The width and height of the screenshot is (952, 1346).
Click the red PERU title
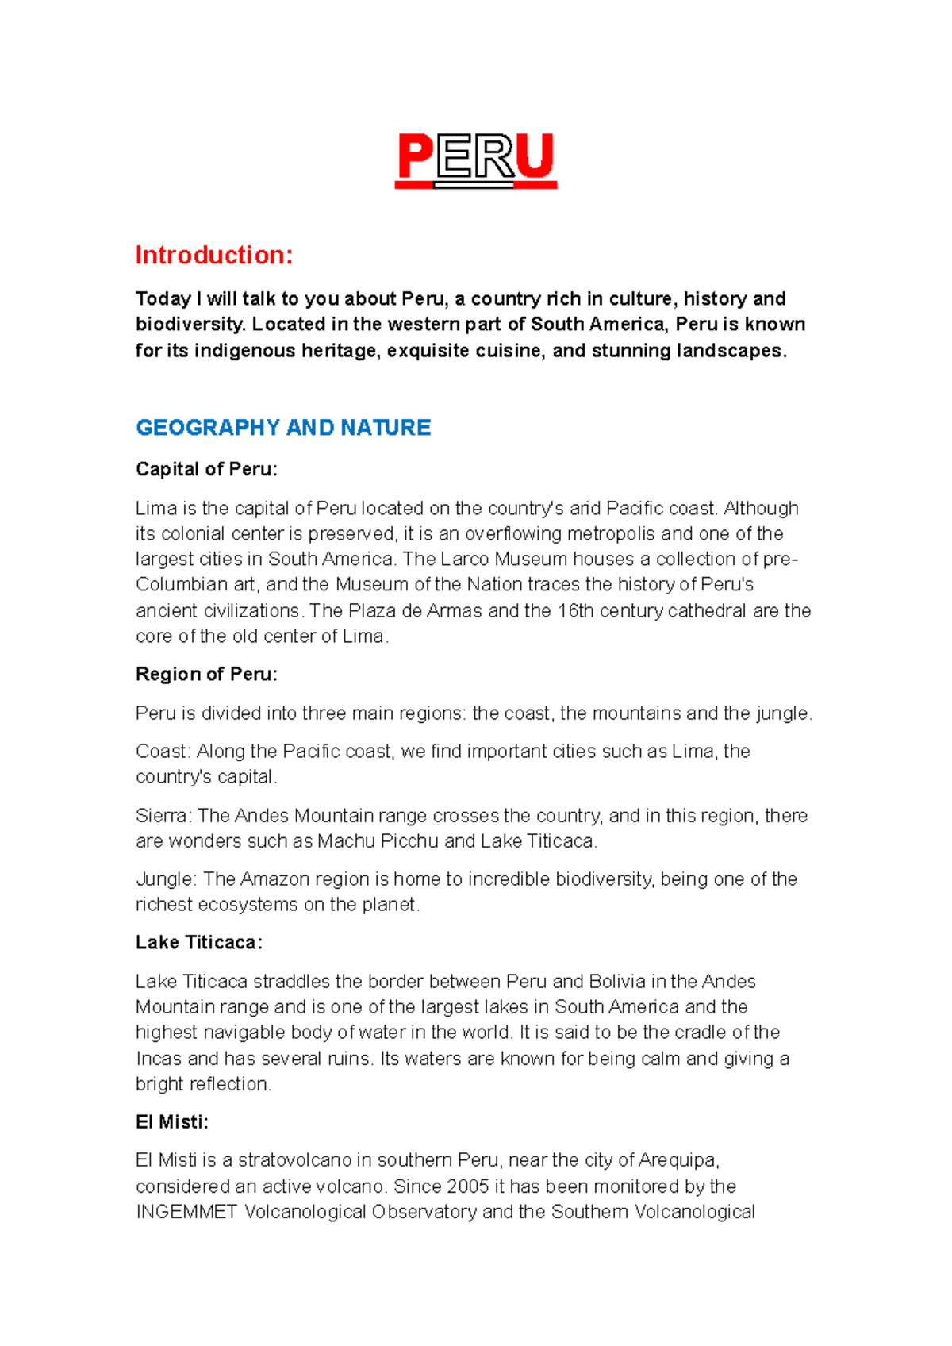click(x=476, y=159)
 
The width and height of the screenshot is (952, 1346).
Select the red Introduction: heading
click(x=214, y=255)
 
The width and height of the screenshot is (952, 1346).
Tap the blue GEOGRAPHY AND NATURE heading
click(x=283, y=427)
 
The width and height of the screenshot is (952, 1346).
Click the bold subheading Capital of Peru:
click(x=206, y=469)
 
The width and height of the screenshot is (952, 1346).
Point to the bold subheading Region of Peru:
click(x=206, y=674)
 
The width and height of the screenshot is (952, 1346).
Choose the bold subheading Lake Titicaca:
click(x=198, y=942)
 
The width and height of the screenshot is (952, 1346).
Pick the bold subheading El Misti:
click(x=171, y=1121)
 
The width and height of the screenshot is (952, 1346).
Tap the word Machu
click(x=346, y=840)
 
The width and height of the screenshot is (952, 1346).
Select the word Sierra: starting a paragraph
click(x=163, y=815)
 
